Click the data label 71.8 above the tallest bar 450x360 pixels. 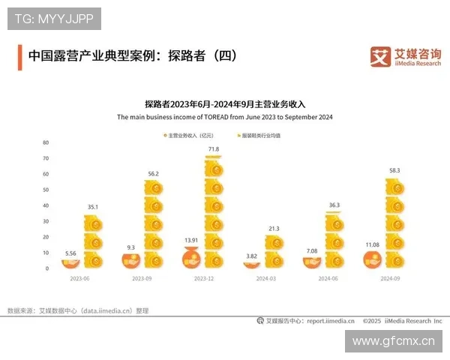pos(214,150)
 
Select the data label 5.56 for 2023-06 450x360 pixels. pos(71,254)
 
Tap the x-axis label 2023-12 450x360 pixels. pos(202,277)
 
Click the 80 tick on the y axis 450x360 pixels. pos(46,142)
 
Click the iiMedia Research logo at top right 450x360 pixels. pos(406,56)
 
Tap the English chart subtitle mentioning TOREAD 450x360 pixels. pos(224,118)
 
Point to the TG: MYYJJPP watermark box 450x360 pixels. pos(54,18)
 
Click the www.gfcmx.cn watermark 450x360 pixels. pos(393,341)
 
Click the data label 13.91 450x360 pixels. pos(193,239)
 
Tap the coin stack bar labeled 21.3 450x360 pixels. pos(274,251)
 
